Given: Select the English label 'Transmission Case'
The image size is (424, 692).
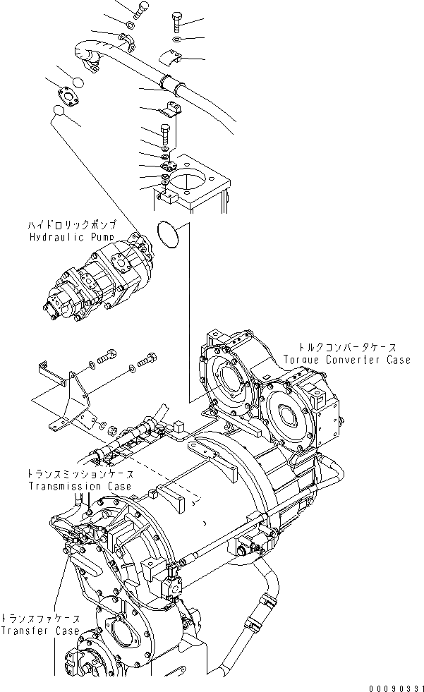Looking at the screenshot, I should coord(79,487).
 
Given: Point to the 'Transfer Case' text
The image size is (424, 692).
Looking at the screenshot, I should coord(40,631).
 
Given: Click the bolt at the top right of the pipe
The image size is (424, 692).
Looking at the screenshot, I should coord(176,21).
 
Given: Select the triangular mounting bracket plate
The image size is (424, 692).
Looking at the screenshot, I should coord(67,402).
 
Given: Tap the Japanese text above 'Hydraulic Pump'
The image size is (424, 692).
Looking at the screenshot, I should coord(68,224).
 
